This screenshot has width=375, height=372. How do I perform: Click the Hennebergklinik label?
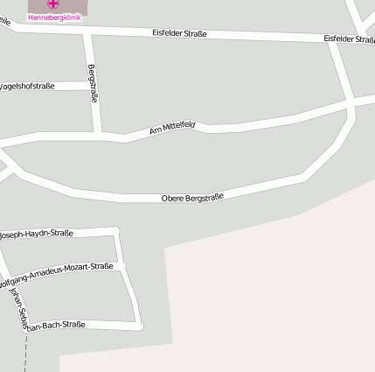(54, 17)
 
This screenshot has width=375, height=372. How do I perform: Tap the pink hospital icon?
(54, 4)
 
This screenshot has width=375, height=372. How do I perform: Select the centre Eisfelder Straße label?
(179, 33)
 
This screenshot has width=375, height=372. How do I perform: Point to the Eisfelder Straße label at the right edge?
(349, 39)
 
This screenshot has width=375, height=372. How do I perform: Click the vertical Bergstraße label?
(93, 84)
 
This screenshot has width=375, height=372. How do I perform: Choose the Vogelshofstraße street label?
(27, 86)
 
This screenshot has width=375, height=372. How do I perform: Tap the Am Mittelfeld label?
(171, 129)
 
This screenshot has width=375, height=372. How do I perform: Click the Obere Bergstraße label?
(192, 198)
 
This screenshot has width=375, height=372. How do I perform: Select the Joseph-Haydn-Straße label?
(36, 234)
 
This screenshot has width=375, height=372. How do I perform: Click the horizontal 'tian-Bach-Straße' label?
(57, 326)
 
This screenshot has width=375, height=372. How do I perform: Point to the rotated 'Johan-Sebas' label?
(18, 306)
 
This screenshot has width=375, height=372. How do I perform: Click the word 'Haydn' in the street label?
(38, 234)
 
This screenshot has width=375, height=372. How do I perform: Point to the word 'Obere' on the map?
(172, 200)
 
